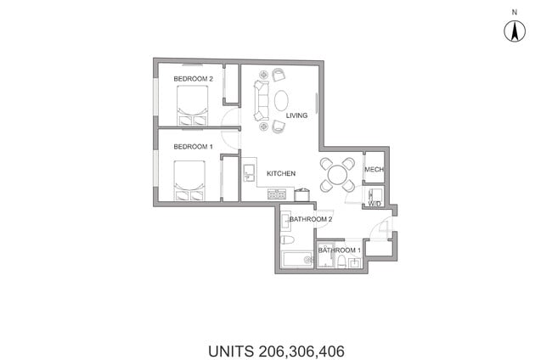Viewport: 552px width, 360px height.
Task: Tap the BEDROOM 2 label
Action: (192, 79)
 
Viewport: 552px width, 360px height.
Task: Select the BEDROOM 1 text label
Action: (192, 147)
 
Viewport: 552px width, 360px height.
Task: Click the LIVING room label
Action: (296, 116)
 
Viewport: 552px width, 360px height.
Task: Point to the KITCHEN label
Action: (281, 174)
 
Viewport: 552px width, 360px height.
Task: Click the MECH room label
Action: (375, 170)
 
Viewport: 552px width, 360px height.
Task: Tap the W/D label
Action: (375, 203)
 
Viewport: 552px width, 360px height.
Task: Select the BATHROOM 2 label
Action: (309, 219)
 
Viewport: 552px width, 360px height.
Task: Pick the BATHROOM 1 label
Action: (340, 250)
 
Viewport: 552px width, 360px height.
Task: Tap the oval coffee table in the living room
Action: (281, 100)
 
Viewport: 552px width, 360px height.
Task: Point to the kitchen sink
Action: (249, 172)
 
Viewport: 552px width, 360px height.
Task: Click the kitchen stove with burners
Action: (277, 195)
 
